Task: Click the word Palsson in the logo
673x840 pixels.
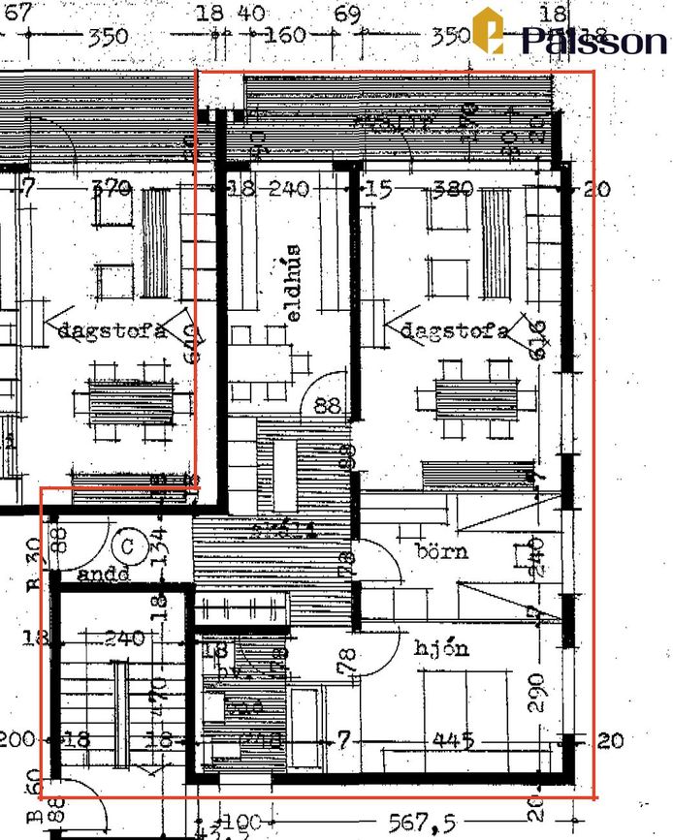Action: [x=593, y=41]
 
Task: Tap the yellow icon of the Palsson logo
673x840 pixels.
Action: [x=489, y=30]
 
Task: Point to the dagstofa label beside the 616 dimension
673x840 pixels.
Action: [x=453, y=331]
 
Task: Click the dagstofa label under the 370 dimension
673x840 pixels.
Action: [x=111, y=330]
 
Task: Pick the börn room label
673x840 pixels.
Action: [x=441, y=552]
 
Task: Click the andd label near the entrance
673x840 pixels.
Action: [x=103, y=575]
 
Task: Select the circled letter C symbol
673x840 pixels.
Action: [x=127, y=544]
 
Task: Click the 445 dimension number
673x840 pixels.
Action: [x=454, y=741]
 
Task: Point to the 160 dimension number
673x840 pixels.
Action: [x=285, y=37]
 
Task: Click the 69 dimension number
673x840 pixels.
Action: [x=346, y=14]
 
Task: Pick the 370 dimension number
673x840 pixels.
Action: [x=111, y=189]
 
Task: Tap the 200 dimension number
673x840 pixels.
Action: [x=16, y=740]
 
